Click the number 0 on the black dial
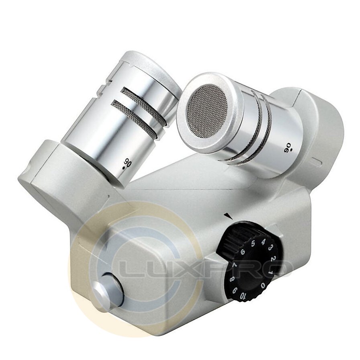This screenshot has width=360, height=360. coord(263,286)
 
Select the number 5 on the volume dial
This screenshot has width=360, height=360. coord(253,243)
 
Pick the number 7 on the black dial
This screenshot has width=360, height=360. coord(235,266)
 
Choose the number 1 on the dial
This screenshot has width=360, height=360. coord(270,272)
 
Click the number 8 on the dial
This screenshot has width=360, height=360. coord(232,279)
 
